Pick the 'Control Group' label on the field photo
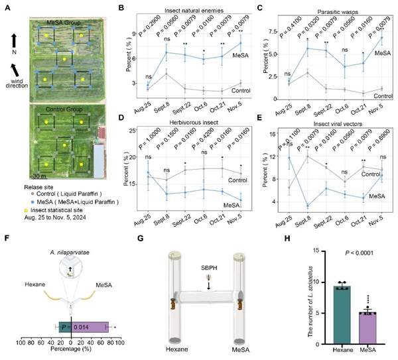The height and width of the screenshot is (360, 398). [x=64, y=109]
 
